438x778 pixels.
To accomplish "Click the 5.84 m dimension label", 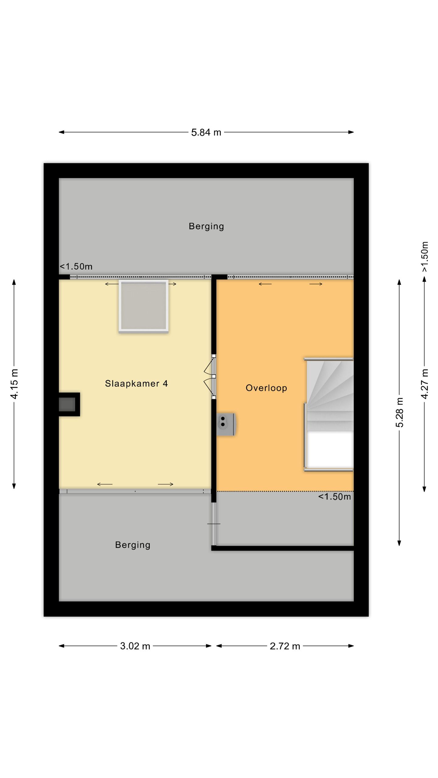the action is pyautogui.click(x=206, y=133).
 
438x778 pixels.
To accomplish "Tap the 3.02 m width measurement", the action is pyautogui.click(x=135, y=646).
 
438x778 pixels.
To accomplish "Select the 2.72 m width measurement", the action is pyautogui.click(x=285, y=646).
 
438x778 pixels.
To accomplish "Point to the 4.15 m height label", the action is pyautogui.click(x=14, y=384).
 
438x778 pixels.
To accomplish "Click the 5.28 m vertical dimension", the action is pyautogui.click(x=399, y=412).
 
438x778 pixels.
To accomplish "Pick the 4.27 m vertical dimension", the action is pyautogui.click(x=425, y=384).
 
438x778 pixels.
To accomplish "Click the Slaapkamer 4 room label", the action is pyautogui.click(x=136, y=384).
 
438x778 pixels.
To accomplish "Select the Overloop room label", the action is pyautogui.click(x=266, y=388).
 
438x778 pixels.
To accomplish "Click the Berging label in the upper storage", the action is pyautogui.click(x=206, y=226).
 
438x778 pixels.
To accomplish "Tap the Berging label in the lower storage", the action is pyautogui.click(x=133, y=545).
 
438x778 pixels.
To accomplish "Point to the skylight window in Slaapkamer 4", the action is pyautogui.click(x=144, y=306).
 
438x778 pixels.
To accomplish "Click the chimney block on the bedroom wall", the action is pyautogui.click(x=69, y=404).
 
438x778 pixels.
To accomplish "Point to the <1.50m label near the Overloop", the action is pyautogui.click(x=334, y=497).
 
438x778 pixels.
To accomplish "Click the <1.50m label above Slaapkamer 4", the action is pyautogui.click(x=76, y=267).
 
